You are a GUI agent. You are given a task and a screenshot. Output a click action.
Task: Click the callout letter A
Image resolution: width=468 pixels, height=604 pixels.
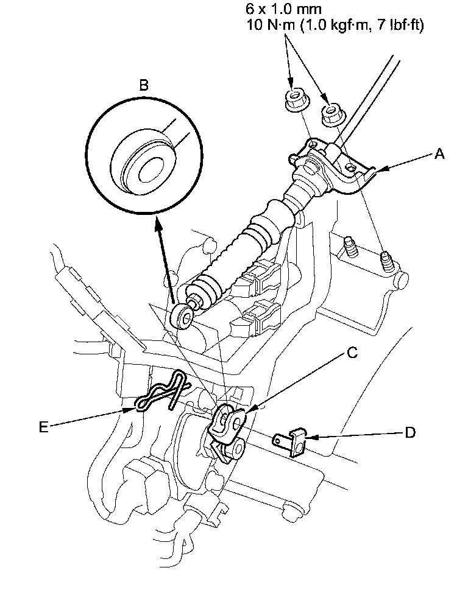439,154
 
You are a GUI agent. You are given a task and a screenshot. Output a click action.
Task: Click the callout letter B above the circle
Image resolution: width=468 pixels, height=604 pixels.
143,85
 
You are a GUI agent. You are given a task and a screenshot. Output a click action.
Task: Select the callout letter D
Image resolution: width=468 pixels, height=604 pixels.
410,432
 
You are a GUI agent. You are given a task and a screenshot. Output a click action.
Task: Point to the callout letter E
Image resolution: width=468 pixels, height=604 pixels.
44,427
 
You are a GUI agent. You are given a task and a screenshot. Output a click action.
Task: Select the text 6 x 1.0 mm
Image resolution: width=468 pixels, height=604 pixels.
284,8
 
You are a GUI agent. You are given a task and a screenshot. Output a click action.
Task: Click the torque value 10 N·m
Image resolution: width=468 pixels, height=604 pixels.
270,25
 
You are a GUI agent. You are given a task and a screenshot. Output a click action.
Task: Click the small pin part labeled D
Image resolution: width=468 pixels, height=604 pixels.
291,442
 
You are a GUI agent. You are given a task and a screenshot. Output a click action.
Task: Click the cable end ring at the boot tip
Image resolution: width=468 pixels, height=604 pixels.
182,317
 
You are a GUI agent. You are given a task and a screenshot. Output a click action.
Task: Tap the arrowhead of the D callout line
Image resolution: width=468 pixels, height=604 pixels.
312,437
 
